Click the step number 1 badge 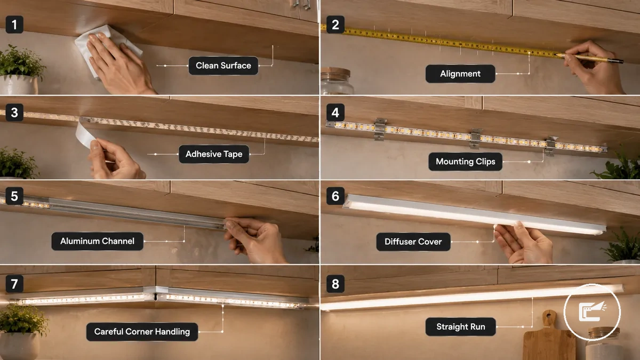tap(14, 25)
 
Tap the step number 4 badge tap(335, 113)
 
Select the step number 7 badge tap(14, 284)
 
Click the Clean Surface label tap(223, 66)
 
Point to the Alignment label tap(460, 74)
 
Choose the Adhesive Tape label tap(214, 154)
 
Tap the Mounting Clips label tap(466, 162)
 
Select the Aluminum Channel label tap(97, 241)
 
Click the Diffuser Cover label tap(413, 242)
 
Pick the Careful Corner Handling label tap(142, 332)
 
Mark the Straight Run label tap(461, 326)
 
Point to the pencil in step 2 tap(589, 58)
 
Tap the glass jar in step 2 tap(337, 81)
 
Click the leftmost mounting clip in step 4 tap(380, 129)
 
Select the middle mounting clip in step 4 tap(475, 139)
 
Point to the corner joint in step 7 tap(156, 294)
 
